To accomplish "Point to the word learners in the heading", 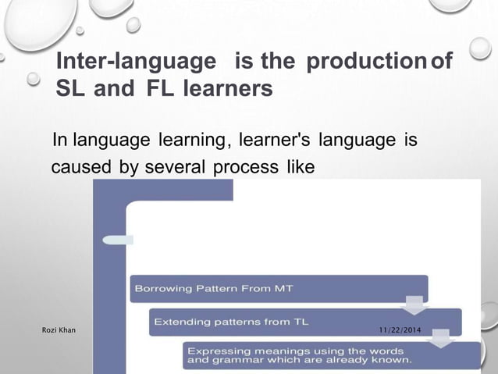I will [x=227, y=89].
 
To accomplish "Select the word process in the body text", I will [x=242, y=168].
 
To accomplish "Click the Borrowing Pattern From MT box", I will [x=279, y=288].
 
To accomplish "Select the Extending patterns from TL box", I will [x=304, y=322].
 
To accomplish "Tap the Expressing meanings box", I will [x=332, y=355].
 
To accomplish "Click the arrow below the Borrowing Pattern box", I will [x=413, y=305].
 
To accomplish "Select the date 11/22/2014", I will [x=399, y=332].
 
